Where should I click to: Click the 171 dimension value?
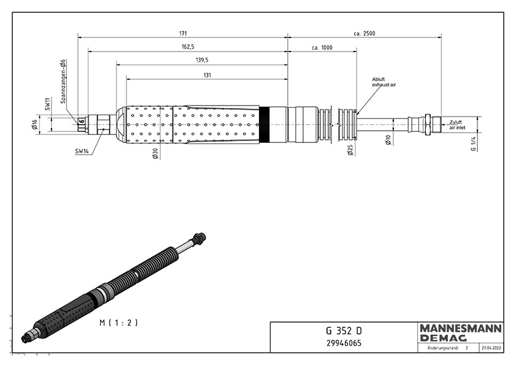coord(183,33)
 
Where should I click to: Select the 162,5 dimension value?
coord(188,47)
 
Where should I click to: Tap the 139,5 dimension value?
coord(202,60)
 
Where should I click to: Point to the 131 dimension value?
coord(207,75)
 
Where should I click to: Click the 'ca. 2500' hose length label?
coord(364,33)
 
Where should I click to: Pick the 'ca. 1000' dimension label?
coord(322,48)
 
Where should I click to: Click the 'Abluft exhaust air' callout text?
coord(384,82)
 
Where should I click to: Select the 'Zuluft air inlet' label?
coord(458,125)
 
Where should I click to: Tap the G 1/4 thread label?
coord(474,144)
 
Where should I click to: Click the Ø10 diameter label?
coord(388,139)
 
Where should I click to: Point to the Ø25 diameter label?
coord(350,150)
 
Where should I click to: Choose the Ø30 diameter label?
coord(155,154)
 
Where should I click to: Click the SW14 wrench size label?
coord(82,151)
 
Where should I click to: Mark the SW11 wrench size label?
coord(47,104)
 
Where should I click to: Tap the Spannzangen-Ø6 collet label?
coord(64,82)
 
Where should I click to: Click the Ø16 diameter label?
coord(35,125)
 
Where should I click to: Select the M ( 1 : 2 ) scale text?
coord(118,323)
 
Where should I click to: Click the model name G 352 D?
coord(344,331)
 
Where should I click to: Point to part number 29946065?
coord(344,344)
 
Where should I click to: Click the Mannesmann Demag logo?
coord(461,332)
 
